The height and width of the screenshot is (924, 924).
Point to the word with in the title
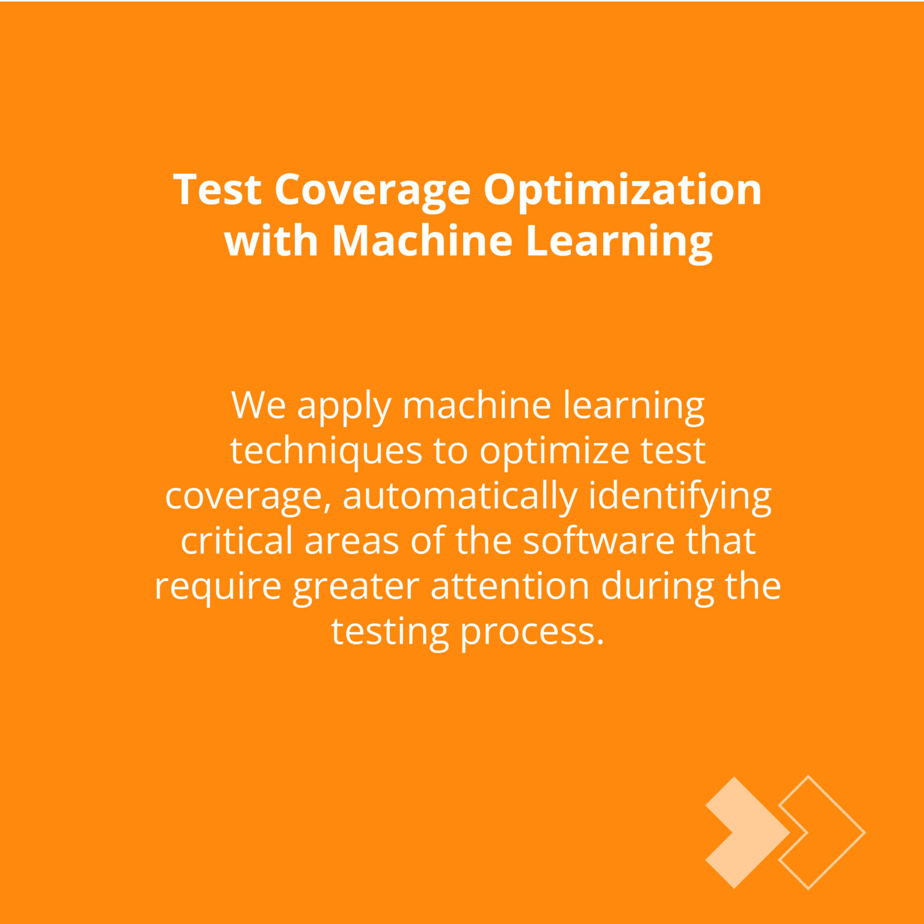tap(271, 240)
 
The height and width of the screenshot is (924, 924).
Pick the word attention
tap(510, 587)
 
